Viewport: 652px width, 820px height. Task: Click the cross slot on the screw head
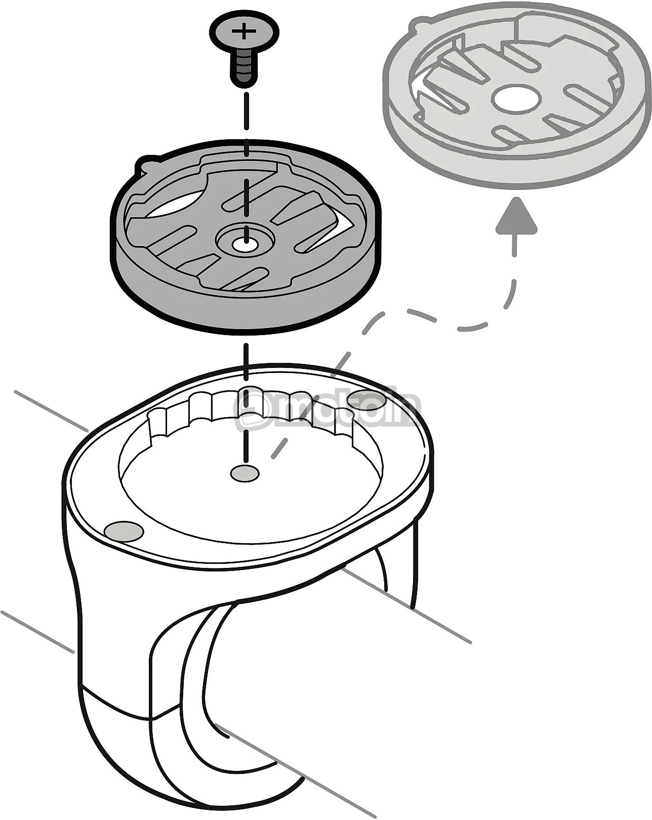pos(244,31)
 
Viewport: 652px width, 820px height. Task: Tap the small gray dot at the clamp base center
pos(244,473)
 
